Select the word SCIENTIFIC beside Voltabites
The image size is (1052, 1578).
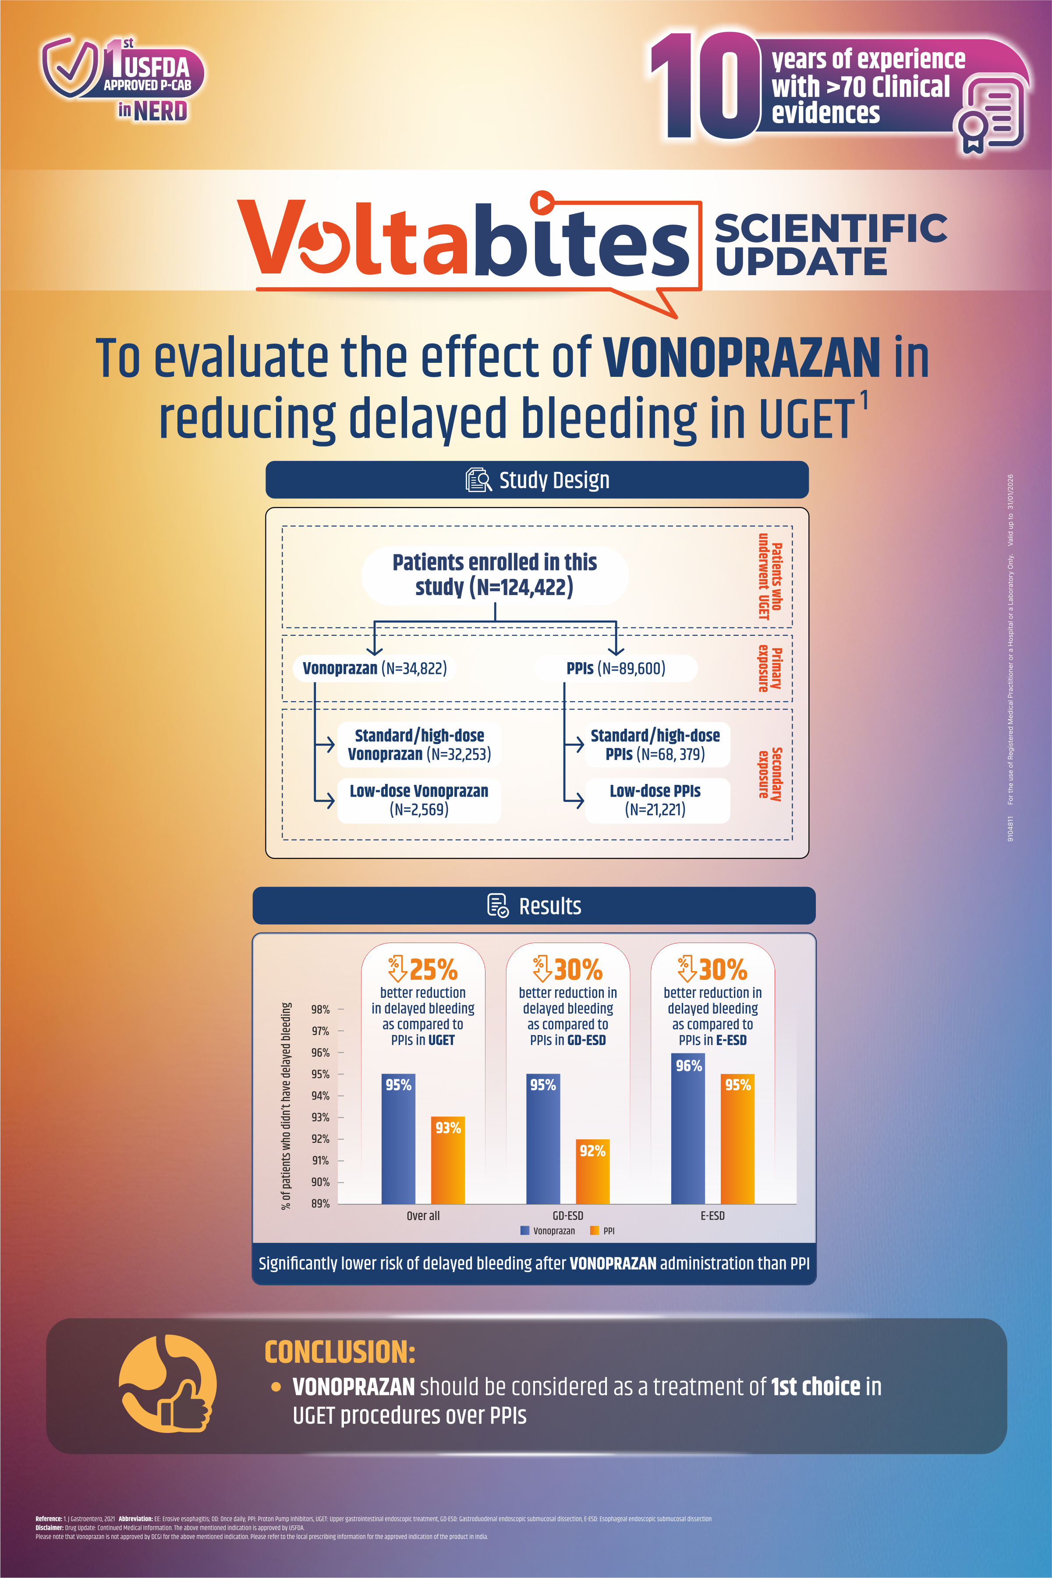point(831,228)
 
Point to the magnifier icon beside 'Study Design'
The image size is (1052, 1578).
point(478,480)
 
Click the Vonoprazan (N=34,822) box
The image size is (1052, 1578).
point(374,668)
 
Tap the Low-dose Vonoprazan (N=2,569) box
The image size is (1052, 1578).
point(419,800)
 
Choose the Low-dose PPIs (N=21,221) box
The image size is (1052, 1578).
point(655,800)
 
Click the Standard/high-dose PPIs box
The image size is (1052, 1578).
point(655,744)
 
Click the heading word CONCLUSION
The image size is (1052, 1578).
point(340,1352)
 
